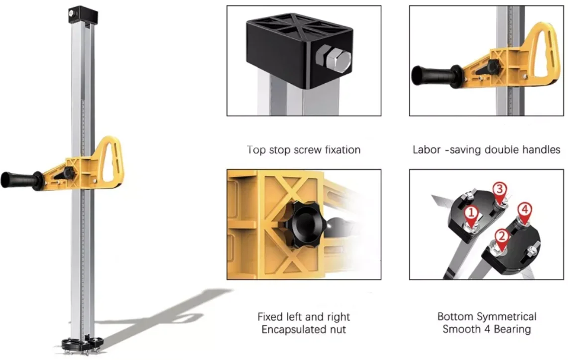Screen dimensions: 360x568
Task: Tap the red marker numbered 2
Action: point(502,235)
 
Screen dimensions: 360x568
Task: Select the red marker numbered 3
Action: point(500,189)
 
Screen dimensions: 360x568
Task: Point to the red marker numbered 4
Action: point(524,209)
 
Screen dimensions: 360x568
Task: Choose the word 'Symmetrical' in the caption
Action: point(507,317)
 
